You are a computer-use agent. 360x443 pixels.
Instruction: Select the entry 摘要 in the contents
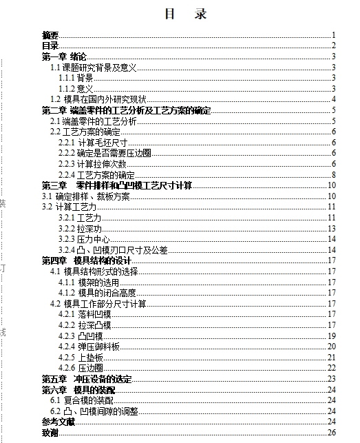(x=50, y=35)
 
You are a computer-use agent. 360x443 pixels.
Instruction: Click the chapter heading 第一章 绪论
(x=64, y=56)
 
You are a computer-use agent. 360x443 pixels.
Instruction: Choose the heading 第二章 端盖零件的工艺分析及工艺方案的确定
(x=126, y=110)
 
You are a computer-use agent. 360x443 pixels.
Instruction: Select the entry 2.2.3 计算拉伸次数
(x=92, y=164)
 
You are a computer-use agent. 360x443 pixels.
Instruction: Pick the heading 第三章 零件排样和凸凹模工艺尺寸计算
(x=117, y=185)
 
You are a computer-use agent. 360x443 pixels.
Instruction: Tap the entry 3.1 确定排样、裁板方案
(x=85, y=196)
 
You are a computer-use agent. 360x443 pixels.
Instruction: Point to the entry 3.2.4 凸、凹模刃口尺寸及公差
(x=113, y=250)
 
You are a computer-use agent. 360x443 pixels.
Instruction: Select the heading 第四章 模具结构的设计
(x=86, y=260)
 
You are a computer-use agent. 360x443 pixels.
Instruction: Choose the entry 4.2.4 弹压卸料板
(x=89, y=346)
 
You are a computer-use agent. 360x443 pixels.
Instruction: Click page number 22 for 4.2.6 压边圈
(x=331, y=368)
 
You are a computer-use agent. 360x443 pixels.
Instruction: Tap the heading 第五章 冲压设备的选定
(x=86, y=379)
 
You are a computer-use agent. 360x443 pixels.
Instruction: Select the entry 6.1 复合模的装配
(x=82, y=400)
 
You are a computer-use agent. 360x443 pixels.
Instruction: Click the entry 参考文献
(x=58, y=422)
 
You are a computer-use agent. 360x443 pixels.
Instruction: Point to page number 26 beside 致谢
(x=331, y=433)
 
